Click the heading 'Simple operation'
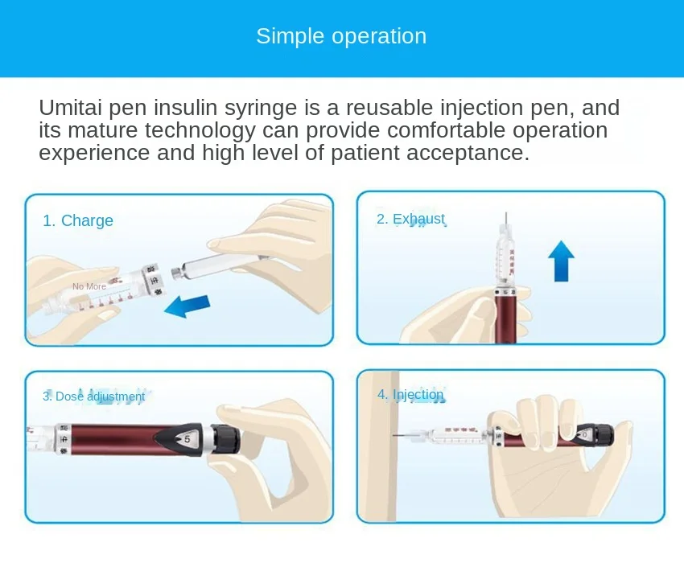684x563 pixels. (x=341, y=36)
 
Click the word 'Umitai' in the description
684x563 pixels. (x=70, y=107)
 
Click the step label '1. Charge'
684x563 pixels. (x=78, y=220)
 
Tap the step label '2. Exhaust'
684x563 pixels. (x=410, y=219)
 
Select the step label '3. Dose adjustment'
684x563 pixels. (x=94, y=396)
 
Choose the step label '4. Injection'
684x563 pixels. (x=410, y=395)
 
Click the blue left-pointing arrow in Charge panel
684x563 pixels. (x=187, y=306)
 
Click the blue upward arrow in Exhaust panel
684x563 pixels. (x=561, y=261)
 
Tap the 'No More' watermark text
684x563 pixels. (x=89, y=286)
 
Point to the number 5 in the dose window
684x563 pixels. (x=187, y=439)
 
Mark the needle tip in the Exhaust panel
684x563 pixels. (x=506, y=213)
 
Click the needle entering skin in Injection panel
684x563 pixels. (x=402, y=435)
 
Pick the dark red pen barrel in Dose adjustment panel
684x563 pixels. (x=131, y=440)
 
